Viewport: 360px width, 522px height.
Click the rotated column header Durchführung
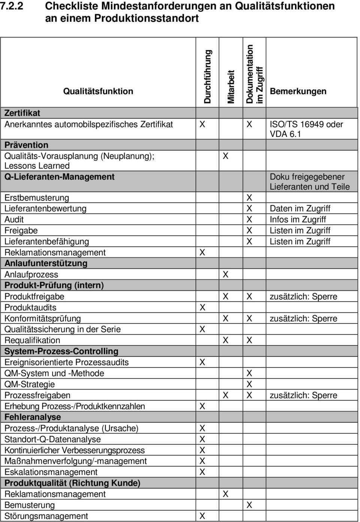208,77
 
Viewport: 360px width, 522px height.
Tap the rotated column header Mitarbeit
231,87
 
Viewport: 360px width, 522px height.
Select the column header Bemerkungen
298,91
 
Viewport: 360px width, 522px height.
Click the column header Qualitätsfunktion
98,91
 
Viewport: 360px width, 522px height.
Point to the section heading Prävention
26,145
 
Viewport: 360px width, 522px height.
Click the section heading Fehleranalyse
33,417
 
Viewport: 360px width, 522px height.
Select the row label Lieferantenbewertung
45,208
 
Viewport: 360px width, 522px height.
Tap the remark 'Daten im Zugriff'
300,208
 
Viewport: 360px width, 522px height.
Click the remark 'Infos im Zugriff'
298,219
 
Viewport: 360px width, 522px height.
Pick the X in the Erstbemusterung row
249,197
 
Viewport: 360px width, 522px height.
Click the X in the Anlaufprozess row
225,274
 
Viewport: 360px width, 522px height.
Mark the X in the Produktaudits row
202,307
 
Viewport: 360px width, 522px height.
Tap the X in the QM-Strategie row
249,384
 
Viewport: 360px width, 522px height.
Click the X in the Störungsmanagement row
202,516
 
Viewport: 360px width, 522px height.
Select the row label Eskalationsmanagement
51,472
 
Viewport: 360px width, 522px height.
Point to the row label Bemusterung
30,505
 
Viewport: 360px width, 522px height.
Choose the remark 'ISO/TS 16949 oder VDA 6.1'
306,129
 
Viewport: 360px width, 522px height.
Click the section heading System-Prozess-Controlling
61,351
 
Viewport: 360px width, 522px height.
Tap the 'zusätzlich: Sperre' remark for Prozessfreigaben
303,395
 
